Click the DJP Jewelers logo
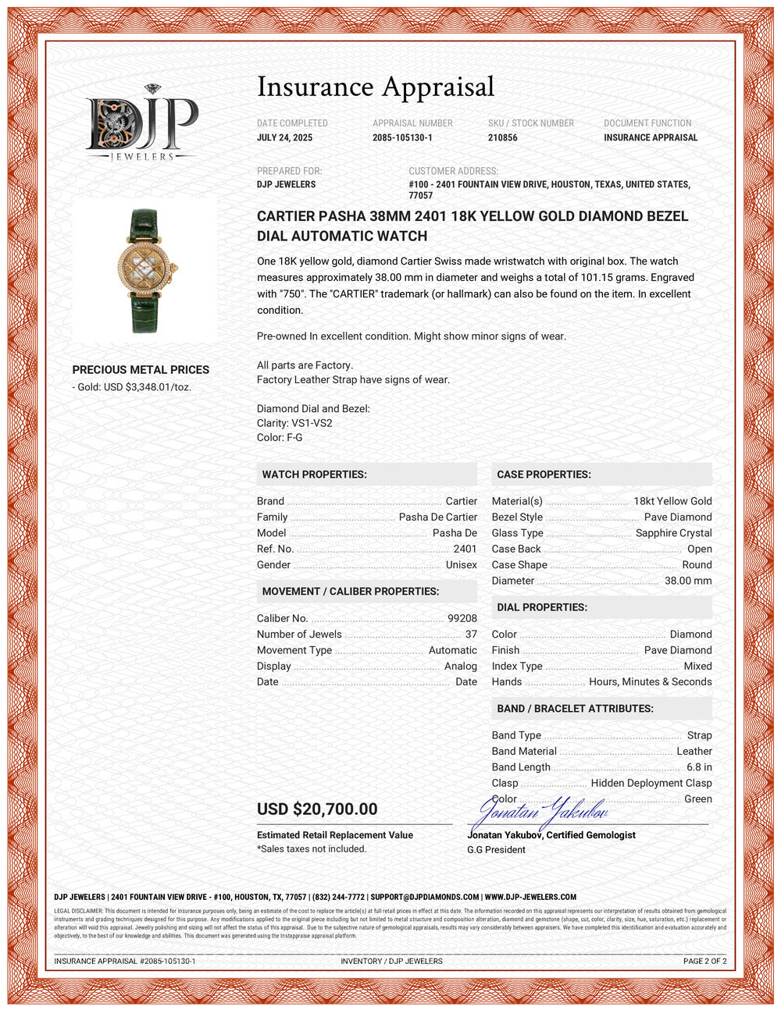pyautogui.click(x=141, y=123)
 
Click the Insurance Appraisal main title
pyautogui.click(x=376, y=87)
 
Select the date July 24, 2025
pyautogui.click(x=284, y=137)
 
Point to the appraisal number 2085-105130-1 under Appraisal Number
pyautogui.click(x=402, y=137)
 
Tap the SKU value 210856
pyautogui.click(x=502, y=137)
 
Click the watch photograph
pyautogui.click(x=145, y=270)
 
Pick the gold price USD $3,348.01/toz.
pyautogui.click(x=134, y=387)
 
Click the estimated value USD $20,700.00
pyautogui.click(x=317, y=809)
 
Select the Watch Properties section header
pyautogui.click(x=314, y=475)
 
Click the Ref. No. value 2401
pyautogui.click(x=465, y=549)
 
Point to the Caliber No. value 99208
pyautogui.click(x=462, y=618)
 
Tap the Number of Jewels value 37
pyautogui.click(x=471, y=635)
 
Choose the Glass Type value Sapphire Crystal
pyautogui.click(x=673, y=533)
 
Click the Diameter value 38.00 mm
pyautogui.click(x=688, y=581)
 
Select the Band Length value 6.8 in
pyautogui.click(x=699, y=767)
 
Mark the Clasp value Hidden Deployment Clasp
pyautogui.click(x=651, y=783)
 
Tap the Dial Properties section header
pyautogui.click(x=542, y=607)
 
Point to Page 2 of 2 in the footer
pyautogui.click(x=704, y=961)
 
